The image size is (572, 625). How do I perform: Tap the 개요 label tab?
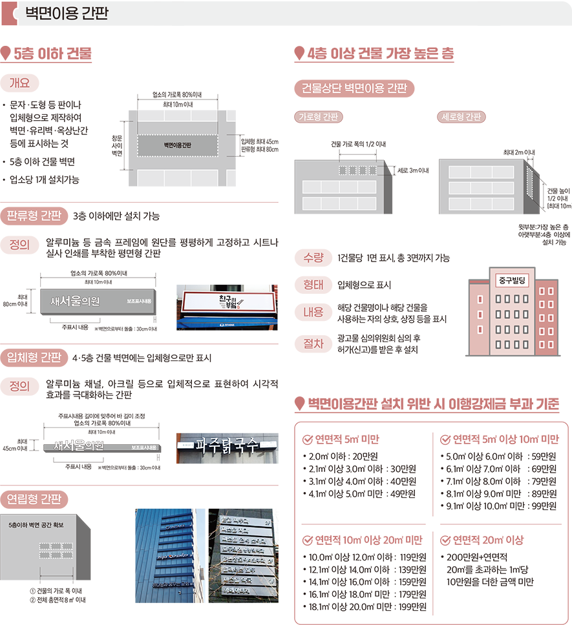pos(20,83)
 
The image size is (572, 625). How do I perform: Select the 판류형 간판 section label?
pos(34,215)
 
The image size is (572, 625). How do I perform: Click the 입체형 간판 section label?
pos(34,358)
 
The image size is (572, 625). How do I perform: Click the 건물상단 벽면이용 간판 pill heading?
pos(354,89)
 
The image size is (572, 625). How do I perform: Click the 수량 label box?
pos(312,258)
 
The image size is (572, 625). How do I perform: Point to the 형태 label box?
pos(312,285)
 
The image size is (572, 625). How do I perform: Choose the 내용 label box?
pos(312,312)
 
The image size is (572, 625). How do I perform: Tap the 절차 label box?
pos(312,343)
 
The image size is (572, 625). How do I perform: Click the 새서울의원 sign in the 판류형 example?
pos(76,301)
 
